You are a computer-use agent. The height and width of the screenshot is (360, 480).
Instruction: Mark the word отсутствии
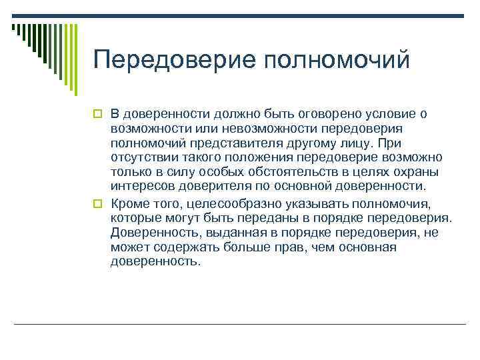click(143, 158)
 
